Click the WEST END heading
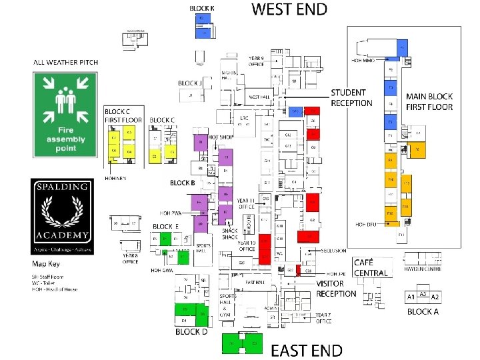289,9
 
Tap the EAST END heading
307,350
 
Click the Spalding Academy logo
62,215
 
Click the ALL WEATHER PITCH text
66,63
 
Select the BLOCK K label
202,8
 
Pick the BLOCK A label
423,311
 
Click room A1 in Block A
411,297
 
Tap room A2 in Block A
435,297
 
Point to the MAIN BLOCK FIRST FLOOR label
429,101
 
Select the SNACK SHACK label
230,233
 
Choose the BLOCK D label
191,331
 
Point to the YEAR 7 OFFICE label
324,317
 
